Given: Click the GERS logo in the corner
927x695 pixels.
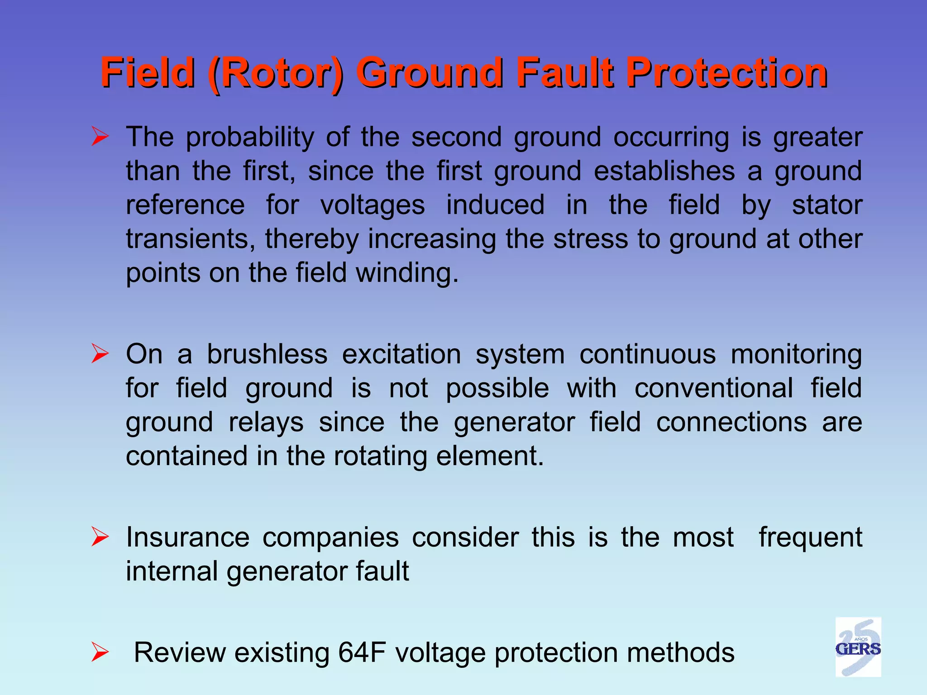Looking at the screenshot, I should [x=858, y=647].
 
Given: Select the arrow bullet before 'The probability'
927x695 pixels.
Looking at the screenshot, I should [x=100, y=137].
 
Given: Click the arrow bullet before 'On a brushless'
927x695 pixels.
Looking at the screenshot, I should [x=100, y=354].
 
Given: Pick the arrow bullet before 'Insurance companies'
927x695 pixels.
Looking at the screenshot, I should [x=100, y=537].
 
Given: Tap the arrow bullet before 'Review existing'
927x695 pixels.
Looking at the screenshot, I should [x=100, y=652].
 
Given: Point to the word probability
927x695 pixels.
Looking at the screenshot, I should [x=250, y=138].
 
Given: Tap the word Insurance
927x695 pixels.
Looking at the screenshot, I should [x=187, y=537].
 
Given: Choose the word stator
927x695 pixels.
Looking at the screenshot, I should [x=827, y=205].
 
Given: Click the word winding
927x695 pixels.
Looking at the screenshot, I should [x=407, y=274].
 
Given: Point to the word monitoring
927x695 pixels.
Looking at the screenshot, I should [x=796, y=355].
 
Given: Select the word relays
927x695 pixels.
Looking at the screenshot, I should [x=266, y=423].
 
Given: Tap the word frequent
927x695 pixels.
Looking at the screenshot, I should [x=810, y=538].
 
